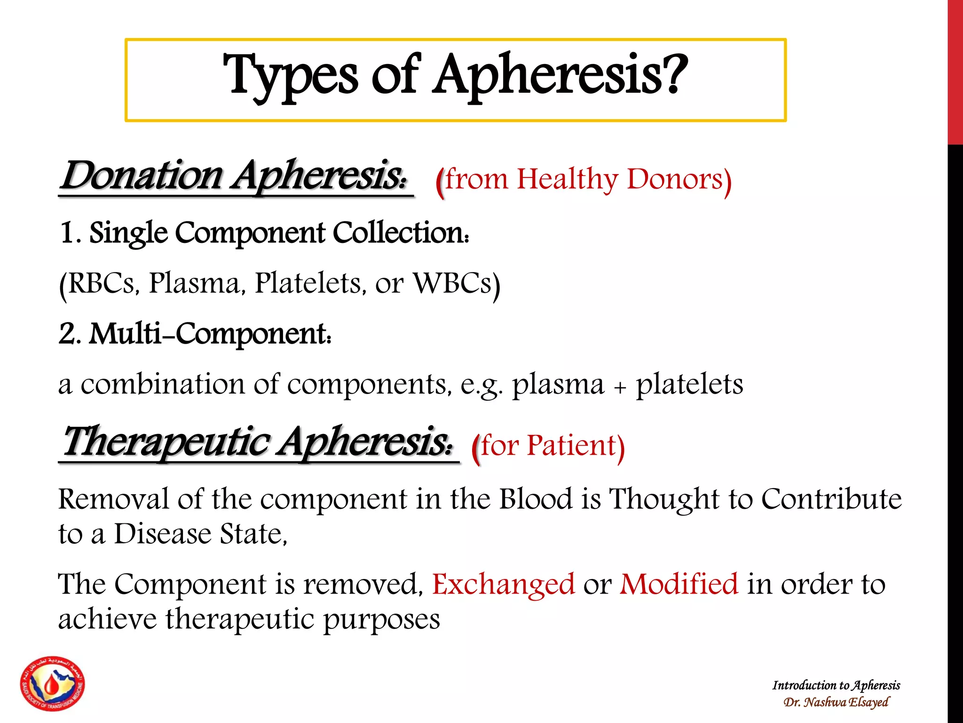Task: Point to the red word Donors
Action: pyautogui.click(x=674, y=179)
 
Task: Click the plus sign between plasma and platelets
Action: pyautogui.click(x=620, y=387)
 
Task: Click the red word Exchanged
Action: pyautogui.click(x=503, y=584)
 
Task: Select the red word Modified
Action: pyautogui.click(x=679, y=584)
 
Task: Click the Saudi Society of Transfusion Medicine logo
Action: pyautogui.click(x=53, y=683)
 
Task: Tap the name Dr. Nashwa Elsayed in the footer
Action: pyautogui.click(x=836, y=702)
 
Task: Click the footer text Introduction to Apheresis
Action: pyautogui.click(x=836, y=685)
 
